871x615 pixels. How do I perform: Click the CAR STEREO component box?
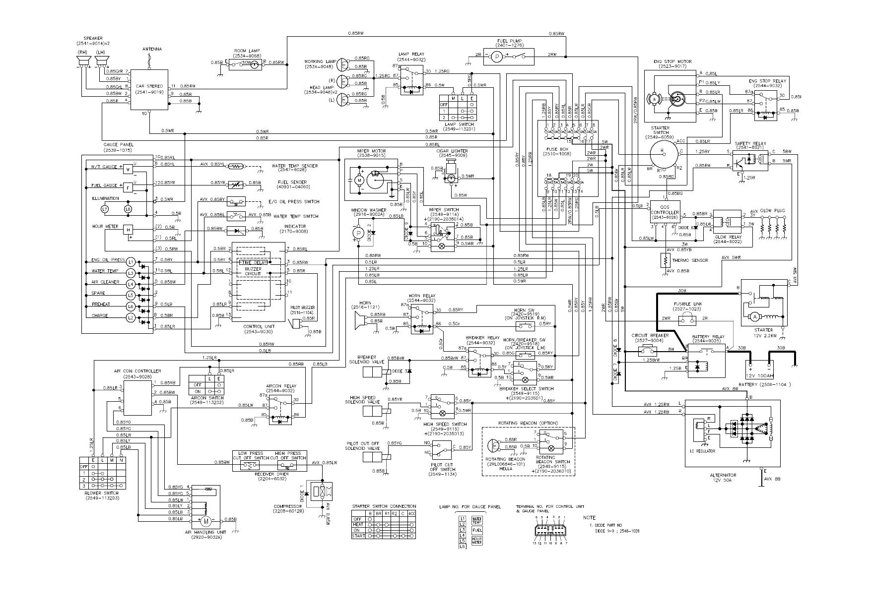(149, 89)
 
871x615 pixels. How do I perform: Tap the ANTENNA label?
(152, 49)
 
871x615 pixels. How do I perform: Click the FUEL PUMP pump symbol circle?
(497, 57)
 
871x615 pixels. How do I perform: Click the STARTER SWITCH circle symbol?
(663, 153)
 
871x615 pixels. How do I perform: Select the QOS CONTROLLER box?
(665, 212)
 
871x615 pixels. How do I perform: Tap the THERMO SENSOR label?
(690, 260)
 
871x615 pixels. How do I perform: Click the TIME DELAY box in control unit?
(254, 262)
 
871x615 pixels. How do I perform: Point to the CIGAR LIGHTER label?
(452, 151)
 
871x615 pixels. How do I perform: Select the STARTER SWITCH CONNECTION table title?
(384, 506)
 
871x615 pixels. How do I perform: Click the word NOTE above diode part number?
(590, 517)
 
